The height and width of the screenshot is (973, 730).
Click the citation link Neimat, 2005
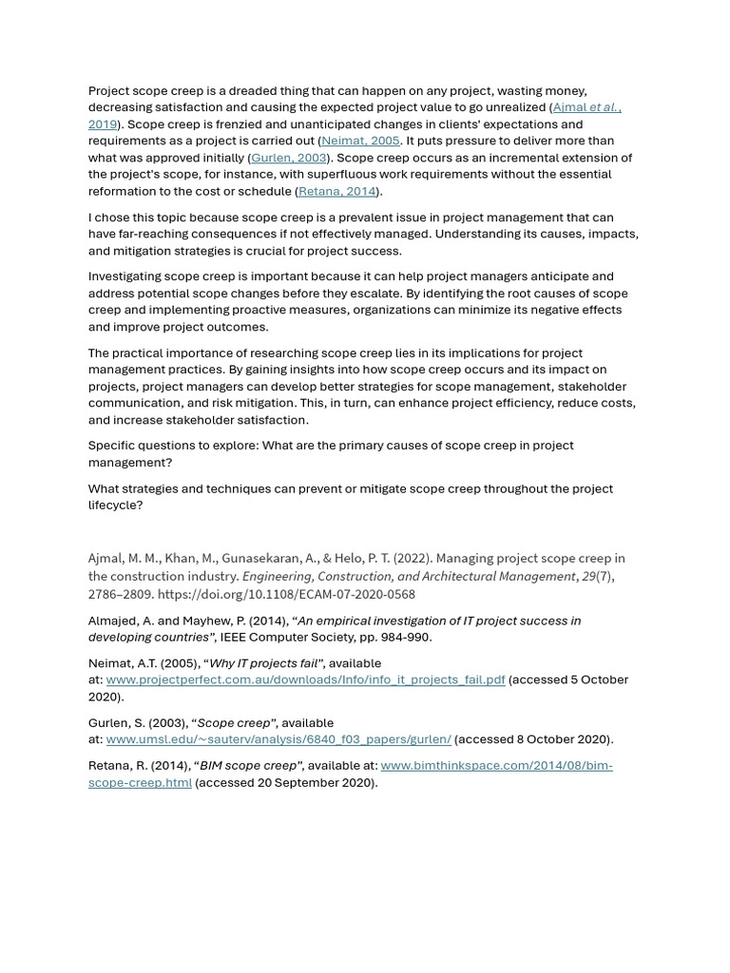360,141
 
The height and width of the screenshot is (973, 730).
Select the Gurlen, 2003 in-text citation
289,158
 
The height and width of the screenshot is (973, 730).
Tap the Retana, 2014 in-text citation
336,191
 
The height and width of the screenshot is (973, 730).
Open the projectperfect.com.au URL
305,680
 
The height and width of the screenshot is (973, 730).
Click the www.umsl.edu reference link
279,739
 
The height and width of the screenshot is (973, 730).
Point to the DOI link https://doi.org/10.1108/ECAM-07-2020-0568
286,594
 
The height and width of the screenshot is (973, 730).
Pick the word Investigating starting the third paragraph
124,277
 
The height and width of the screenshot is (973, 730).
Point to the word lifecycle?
115,506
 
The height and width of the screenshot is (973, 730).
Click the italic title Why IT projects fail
265,663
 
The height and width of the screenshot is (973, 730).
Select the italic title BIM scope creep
248,766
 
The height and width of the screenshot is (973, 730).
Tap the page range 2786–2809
121,594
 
